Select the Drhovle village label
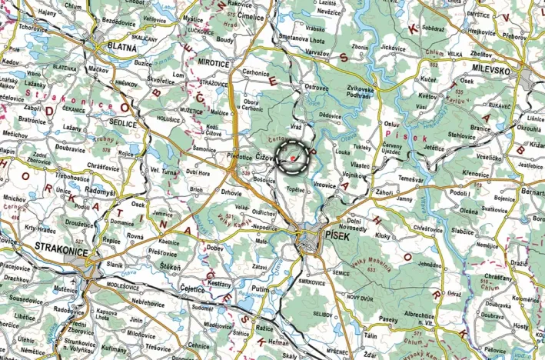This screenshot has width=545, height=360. click(231, 193)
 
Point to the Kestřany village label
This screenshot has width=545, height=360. click(220, 284)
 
